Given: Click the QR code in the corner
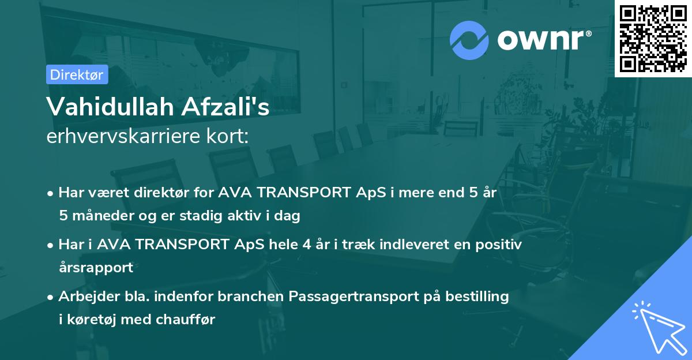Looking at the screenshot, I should tap(653, 39).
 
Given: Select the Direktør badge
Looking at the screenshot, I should tap(77, 74).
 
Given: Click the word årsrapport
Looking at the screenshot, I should tap(96, 267).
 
